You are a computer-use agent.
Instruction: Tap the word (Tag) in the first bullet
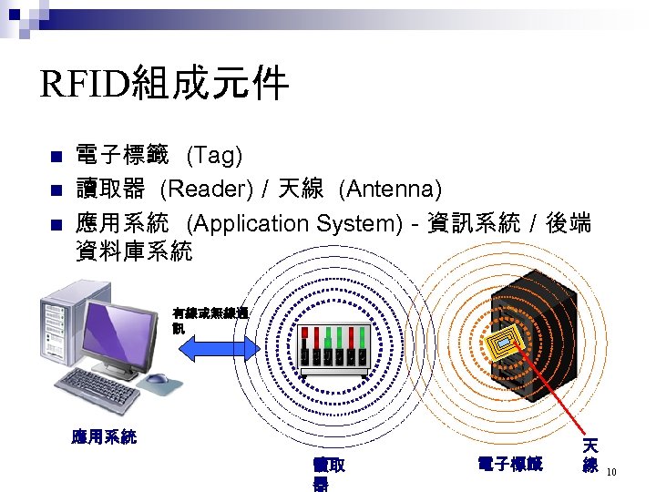[214, 156]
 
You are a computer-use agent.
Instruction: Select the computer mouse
[157, 379]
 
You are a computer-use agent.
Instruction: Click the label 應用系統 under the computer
[104, 436]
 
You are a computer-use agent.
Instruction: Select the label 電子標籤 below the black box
[509, 465]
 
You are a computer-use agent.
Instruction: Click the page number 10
[612, 472]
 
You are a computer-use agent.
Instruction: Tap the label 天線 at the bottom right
[590, 456]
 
